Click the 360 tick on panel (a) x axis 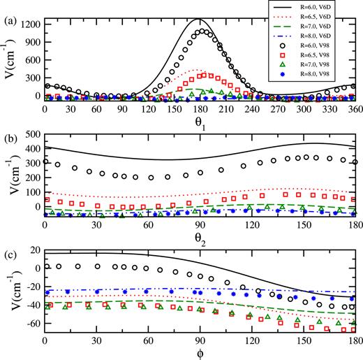355,110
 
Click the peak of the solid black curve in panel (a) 200,20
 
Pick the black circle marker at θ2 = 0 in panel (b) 45,161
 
